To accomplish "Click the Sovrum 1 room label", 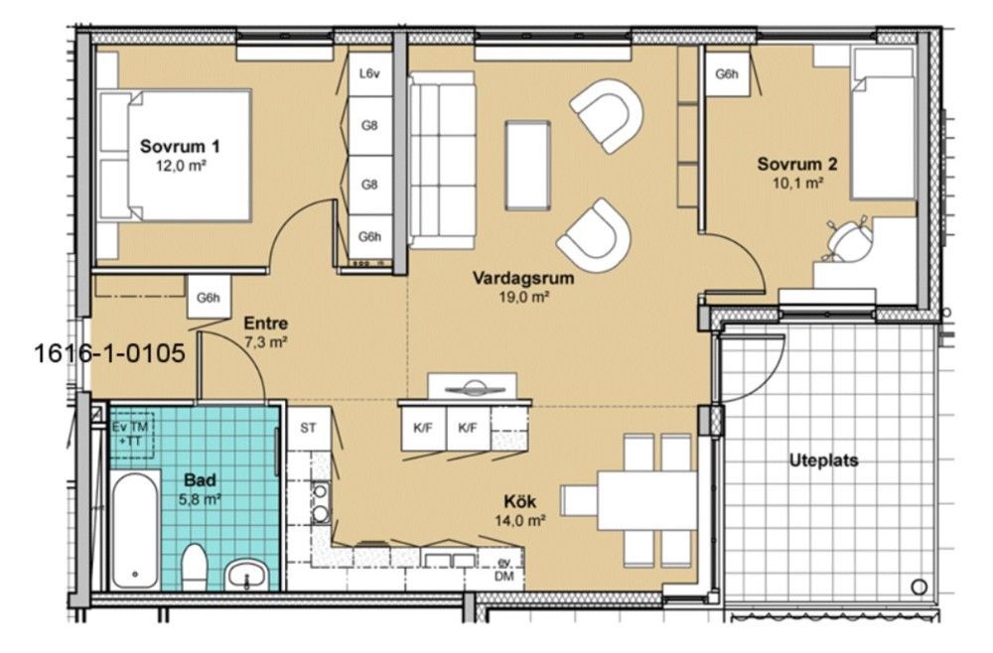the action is pos(180,147).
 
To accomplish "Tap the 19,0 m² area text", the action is pos(523,296).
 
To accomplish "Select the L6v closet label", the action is pos(369,74).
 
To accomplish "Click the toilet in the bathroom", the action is pos(195,567).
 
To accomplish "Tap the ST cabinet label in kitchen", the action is pos(309,429).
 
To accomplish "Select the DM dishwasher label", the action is pos(504,577).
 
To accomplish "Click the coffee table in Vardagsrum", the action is pos(527,165).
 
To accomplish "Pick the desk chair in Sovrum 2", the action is pos(847,240).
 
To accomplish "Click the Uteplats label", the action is pos(823,460).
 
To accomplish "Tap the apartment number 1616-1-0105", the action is pos(109,352).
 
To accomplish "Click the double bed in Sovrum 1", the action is pos(175,156).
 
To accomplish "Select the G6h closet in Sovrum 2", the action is pos(727,73).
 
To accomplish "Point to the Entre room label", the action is pos(266,324).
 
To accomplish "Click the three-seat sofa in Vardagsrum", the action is pos(442,160).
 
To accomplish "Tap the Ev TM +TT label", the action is pos(130,434).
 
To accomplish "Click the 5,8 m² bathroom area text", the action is pos(201,499).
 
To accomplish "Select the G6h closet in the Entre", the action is pos(209,297).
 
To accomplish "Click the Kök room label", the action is pos(520,502).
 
